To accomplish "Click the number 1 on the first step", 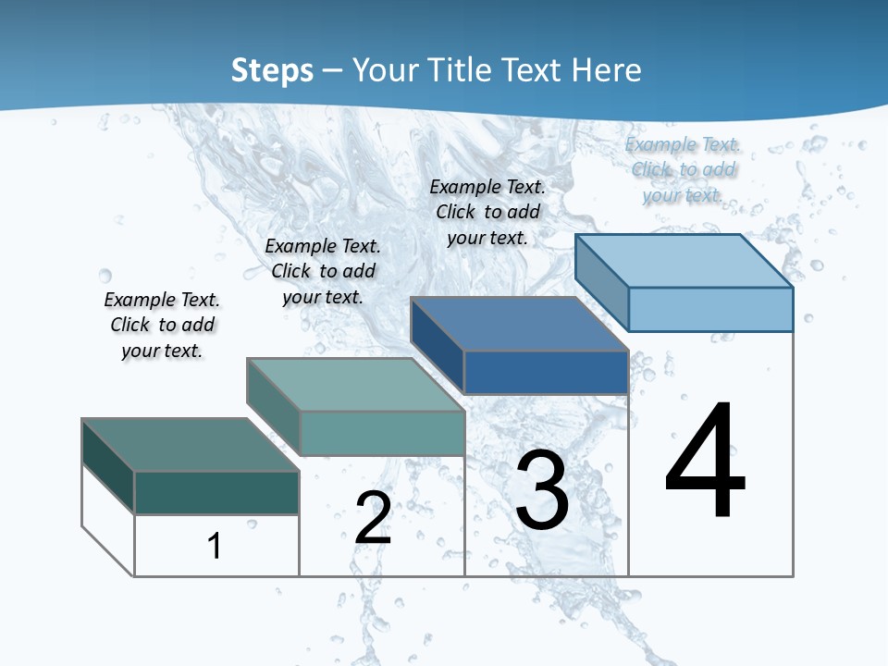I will coord(215,546).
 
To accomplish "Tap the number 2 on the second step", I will coord(373,517).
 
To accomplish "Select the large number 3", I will coord(542,490).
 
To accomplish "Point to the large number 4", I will coord(706,460).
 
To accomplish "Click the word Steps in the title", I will coord(272,70).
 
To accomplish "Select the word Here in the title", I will coord(607,70).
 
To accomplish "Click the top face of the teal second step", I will coord(355,385).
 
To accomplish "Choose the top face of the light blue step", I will coord(684,261).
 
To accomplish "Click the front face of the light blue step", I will coord(710,309).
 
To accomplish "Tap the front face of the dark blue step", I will coord(546,372).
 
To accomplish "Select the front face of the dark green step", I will coord(216,492).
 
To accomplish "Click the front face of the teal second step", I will coord(382,433).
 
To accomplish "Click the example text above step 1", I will coord(162,325).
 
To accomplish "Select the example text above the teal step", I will coord(323,271).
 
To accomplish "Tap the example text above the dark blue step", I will coord(487,212).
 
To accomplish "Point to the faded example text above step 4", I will coord(683,169).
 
